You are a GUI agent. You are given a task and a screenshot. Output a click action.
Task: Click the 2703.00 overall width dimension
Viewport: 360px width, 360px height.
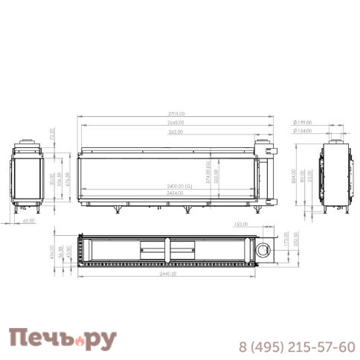point(176,114)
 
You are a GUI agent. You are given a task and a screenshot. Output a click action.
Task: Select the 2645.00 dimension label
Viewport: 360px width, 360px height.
point(176,122)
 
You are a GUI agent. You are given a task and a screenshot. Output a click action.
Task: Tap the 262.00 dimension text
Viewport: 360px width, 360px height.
point(176,132)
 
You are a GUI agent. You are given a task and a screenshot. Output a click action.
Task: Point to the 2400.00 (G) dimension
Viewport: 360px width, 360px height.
point(179,186)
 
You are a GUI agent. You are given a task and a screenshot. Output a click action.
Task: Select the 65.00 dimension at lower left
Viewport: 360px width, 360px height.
point(28,220)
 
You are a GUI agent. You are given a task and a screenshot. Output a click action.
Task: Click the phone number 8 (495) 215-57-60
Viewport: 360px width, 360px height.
point(297,347)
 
